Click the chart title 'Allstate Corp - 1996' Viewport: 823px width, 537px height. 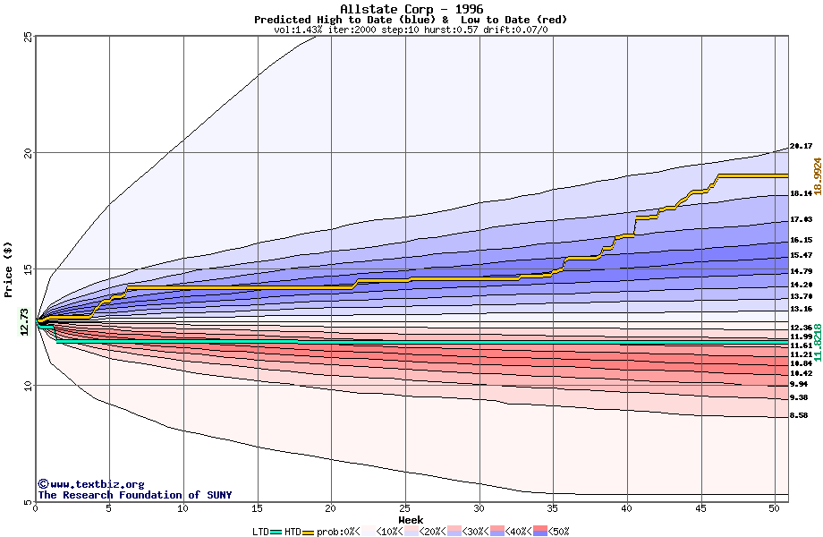tap(411, 9)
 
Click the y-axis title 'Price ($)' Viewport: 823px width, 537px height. tap(9, 268)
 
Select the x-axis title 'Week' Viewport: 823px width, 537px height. tap(411, 520)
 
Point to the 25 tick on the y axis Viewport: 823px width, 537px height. tap(28, 37)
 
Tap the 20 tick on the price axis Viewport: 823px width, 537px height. tap(28, 153)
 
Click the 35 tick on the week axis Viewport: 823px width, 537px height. tap(554, 509)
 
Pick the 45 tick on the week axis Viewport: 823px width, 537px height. tap(702, 509)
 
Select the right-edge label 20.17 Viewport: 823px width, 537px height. tap(801, 146)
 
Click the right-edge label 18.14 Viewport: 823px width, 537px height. tap(801, 193)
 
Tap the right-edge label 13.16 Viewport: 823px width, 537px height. tap(801, 309)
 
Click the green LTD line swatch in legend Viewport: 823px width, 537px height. tap(276, 532)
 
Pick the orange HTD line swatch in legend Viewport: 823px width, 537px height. tap(309, 532)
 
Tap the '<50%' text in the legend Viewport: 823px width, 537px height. tap(559, 532)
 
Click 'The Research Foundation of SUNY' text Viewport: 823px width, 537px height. tap(134, 495)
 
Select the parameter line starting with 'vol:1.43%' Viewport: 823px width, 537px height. tap(411, 30)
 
